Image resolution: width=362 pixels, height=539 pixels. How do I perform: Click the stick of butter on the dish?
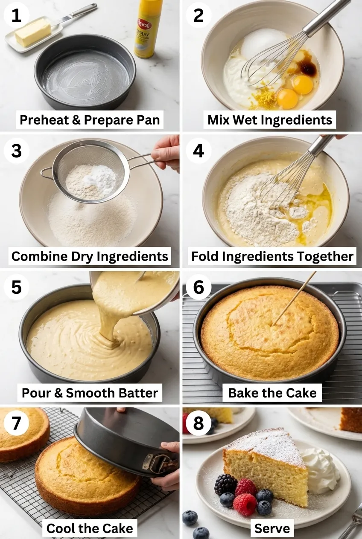[33, 32]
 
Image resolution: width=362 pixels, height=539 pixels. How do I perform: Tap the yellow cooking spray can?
[147, 29]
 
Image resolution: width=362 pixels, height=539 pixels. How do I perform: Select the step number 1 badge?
[16, 15]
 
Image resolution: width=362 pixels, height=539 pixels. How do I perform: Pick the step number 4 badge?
[199, 151]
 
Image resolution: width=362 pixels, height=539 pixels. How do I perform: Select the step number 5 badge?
[16, 287]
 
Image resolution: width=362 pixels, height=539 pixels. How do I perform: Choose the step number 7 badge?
[16, 423]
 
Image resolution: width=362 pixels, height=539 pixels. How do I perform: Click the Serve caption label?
[272, 528]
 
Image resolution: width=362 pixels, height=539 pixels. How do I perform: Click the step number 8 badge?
[199, 423]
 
